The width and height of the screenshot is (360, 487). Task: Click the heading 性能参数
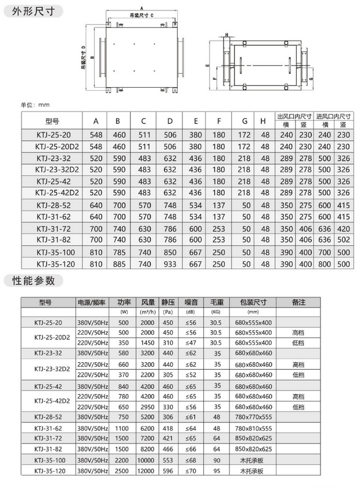click(x=33, y=281)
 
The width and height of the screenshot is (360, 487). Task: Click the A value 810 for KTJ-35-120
click(x=96, y=264)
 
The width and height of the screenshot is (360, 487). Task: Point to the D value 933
click(x=170, y=264)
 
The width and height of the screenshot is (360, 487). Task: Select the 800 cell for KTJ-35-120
click(x=323, y=264)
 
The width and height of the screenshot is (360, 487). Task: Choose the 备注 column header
click(x=298, y=302)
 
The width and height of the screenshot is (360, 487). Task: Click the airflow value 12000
click(x=147, y=471)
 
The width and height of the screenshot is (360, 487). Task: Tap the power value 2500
click(x=123, y=471)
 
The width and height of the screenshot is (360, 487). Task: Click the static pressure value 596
click(x=168, y=471)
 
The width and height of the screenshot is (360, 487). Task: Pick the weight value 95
click(x=217, y=471)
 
